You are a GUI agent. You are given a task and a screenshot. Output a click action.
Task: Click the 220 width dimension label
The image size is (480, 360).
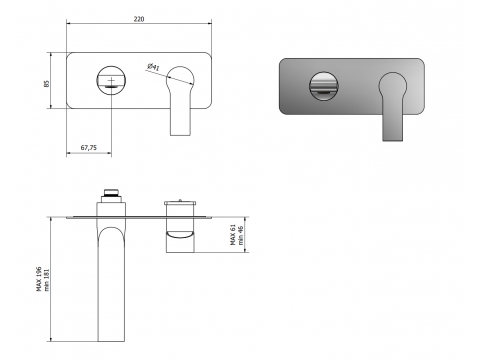[x=139, y=19]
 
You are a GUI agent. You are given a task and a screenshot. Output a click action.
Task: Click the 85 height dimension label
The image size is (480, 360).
[x=47, y=83]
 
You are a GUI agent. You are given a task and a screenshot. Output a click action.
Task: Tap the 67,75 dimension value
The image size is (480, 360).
[x=89, y=147]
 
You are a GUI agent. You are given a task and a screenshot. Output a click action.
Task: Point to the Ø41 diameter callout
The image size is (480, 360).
[x=153, y=67]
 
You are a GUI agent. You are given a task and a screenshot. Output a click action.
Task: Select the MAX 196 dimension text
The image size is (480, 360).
[x=39, y=279]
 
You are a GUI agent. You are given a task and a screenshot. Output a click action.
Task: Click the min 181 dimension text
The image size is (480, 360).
[x=46, y=280]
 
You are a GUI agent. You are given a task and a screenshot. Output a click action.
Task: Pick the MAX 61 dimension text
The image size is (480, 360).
[x=233, y=235]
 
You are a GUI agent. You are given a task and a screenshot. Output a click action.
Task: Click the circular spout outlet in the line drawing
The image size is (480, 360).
[x=111, y=80]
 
